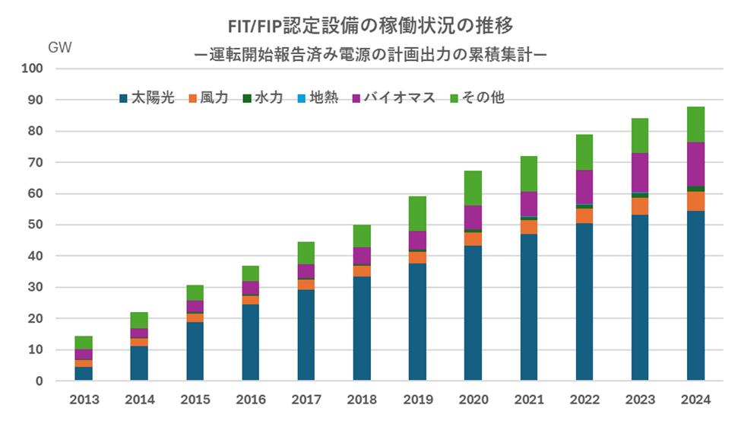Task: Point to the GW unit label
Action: tap(60, 47)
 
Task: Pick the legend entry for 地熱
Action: tap(318, 98)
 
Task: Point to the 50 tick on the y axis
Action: tap(36, 225)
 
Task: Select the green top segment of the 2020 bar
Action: tap(473, 188)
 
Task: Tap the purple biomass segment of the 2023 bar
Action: tap(640, 172)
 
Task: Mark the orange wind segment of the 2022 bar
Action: tap(584, 215)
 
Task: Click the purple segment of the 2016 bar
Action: tap(251, 288)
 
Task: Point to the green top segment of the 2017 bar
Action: tap(306, 253)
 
